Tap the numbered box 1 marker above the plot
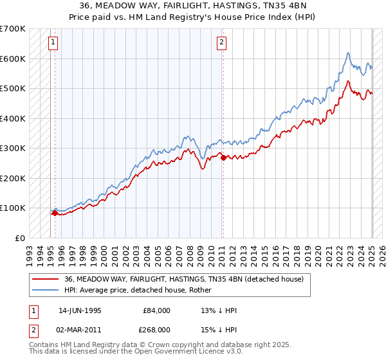click(x=53, y=43)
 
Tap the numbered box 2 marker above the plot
click(x=221, y=43)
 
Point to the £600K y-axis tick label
click(x=13, y=59)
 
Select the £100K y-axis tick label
click(x=13, y=208)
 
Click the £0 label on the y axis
click(x=20, y=238)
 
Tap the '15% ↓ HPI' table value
click(x=219, y=330)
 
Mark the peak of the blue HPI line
click(x=347, y=53)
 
